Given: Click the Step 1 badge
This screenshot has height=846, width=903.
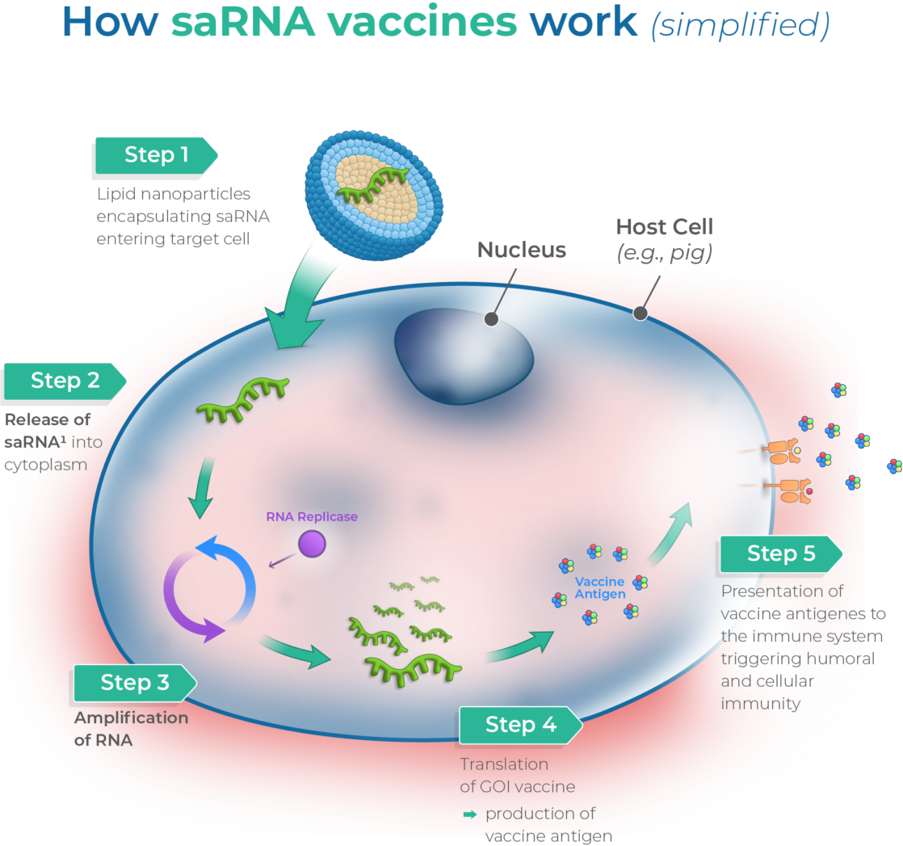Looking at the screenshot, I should point(156,155).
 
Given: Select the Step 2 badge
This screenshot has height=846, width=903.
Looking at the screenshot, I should point(65,381).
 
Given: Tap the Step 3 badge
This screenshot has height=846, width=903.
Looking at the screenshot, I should point(135,683).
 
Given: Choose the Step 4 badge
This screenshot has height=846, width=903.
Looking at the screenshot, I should point(520,725).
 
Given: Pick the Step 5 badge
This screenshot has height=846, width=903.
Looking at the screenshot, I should point(781,553).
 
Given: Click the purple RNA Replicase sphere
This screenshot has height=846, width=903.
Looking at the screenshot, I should point(312,543).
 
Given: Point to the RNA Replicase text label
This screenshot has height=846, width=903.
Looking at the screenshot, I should point(312,517).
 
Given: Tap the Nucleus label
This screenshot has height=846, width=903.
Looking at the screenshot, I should point(522,250).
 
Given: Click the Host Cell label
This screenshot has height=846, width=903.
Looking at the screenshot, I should point(664,227).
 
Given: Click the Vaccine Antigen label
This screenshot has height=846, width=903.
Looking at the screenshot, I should point(599,588).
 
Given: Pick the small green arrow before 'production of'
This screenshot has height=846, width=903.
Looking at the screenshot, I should point(470,814).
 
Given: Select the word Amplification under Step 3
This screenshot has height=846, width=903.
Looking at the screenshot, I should point(131,718).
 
